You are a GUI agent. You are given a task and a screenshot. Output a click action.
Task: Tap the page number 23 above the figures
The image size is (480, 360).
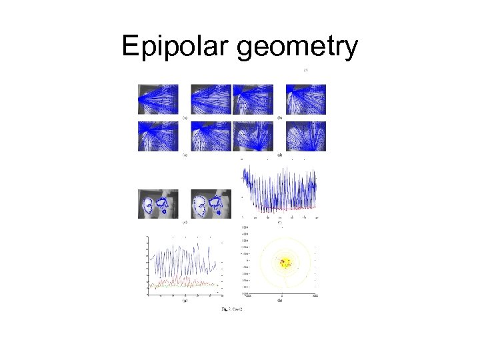coord(305,70)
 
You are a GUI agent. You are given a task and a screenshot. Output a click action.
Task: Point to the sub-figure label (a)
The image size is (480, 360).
coord(185,117)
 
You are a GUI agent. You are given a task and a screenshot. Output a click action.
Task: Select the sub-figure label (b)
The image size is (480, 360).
coord(279,117)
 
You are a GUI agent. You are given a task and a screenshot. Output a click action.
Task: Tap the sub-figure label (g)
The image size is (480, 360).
coord(185,301)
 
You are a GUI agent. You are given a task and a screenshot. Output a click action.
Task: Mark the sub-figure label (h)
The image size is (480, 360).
coord(279,301)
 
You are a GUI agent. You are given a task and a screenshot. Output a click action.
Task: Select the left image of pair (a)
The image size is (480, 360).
coord(159,99)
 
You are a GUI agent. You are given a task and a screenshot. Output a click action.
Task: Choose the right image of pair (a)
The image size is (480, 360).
coord(211,99)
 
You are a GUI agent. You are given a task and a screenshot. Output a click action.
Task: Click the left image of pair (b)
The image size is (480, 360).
coord(253,99)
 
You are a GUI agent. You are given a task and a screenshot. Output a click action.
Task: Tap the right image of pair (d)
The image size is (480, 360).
coord(305,136)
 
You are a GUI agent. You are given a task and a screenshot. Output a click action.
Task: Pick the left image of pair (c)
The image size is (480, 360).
coord(159,136)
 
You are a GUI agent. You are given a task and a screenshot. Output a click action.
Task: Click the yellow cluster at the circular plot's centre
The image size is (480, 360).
coord(287,262)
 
